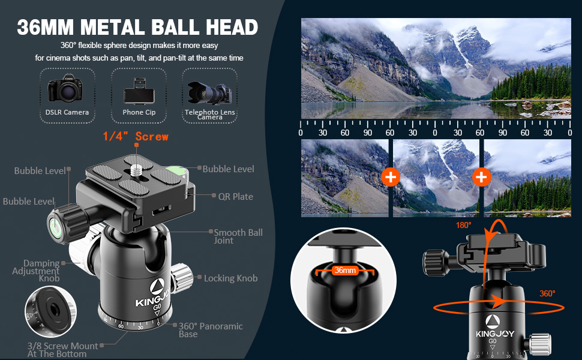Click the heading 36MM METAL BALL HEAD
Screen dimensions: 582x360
point(137,27)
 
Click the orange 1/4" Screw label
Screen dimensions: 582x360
point(136,137)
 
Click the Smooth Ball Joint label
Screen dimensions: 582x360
point(238,236)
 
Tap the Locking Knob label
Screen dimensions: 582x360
point(230,278)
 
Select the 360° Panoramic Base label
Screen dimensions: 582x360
point(211,329)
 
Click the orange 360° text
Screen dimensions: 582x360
point(547,293)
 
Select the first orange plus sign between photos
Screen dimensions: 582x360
point(391,177)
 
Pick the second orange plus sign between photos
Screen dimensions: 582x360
point(481,177)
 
